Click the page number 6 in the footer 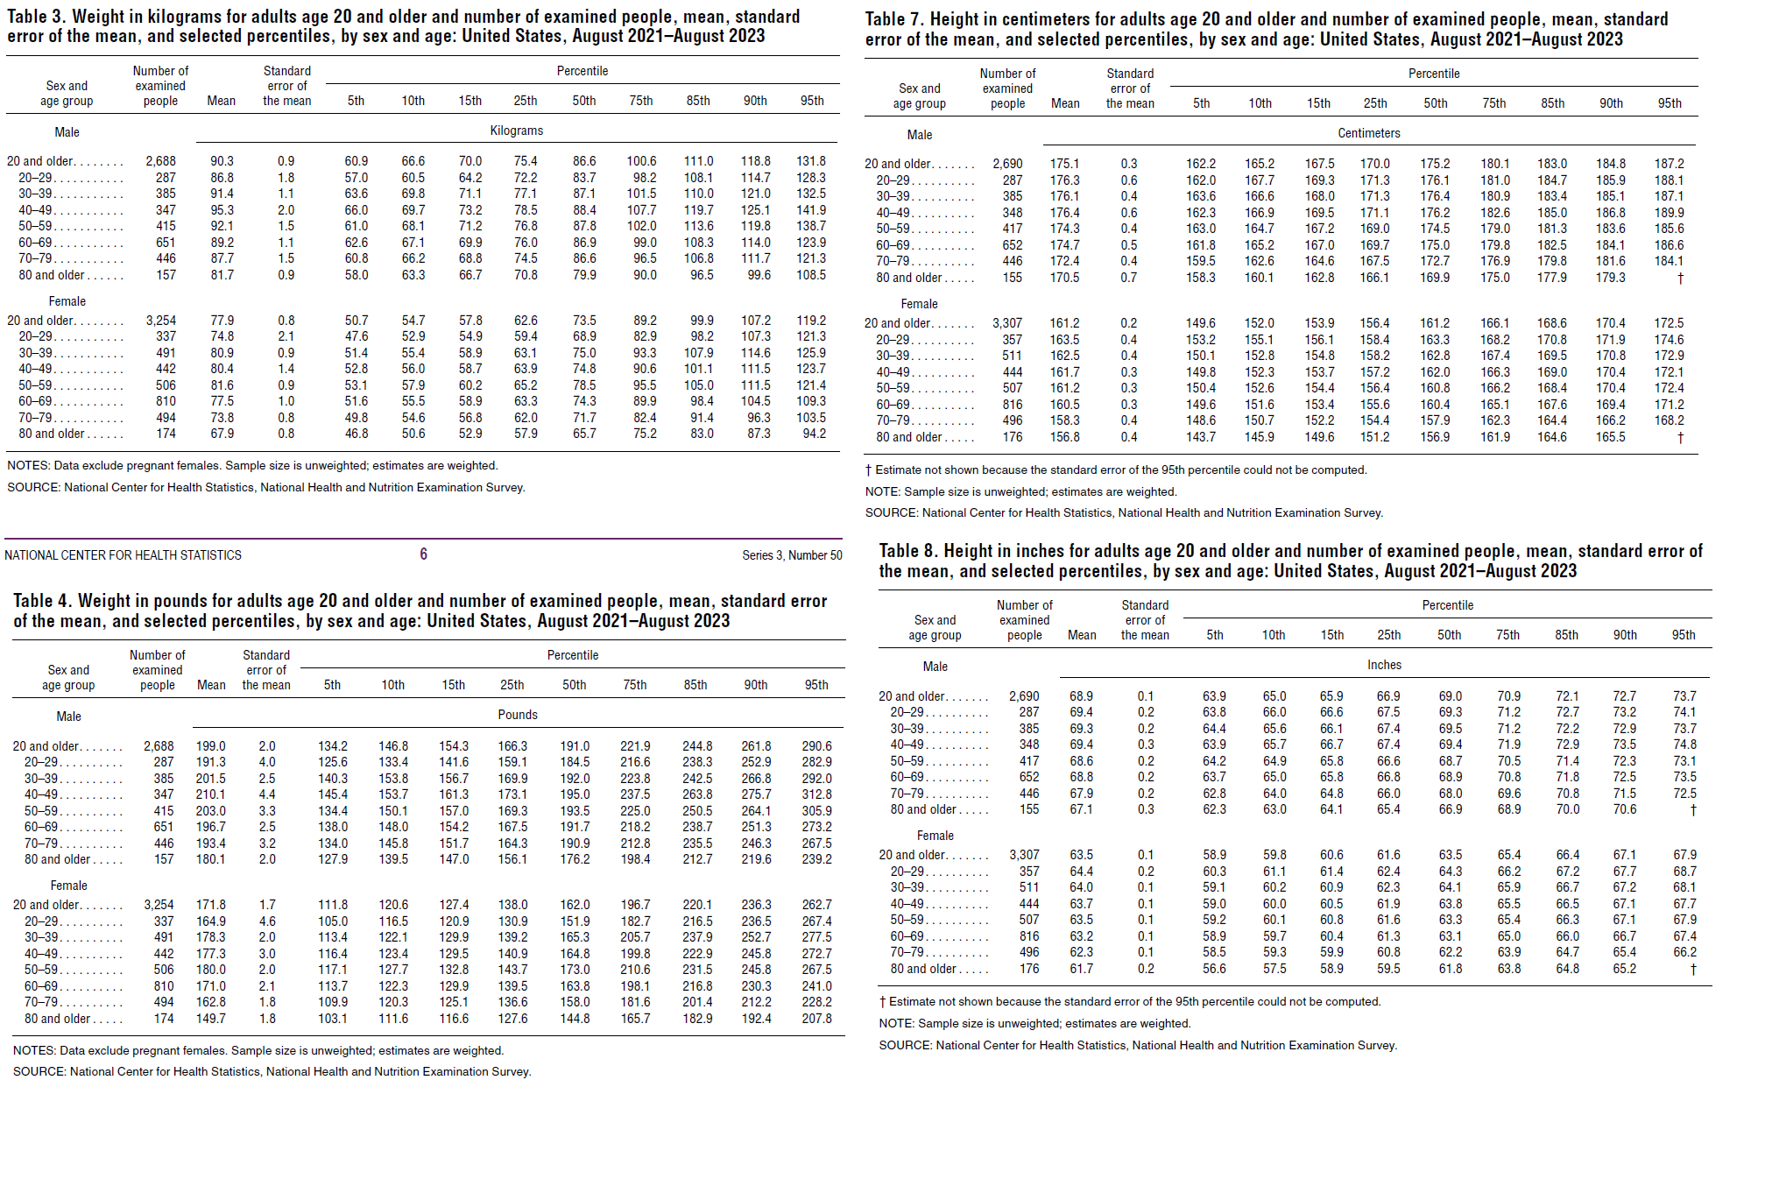[x=423, y=554]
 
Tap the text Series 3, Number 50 [x=792, y=555]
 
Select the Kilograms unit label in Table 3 [x=517, y=131]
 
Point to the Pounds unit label [x=518, y=715]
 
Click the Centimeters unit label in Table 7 [x=1368, y=133]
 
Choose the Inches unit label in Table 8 [x=1384, y=665]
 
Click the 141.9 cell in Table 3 [x=811, y=210]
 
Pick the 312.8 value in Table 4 [x=816, y=794]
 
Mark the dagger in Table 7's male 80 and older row [x=1680, y=278]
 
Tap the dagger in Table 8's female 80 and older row [x=1693, y=969]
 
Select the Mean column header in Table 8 [x=1082, y=635]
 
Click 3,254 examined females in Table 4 [x=159, y=905]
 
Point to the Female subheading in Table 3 [x=67, y=301]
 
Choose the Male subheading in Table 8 [x=935, y=667]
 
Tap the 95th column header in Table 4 [x=816, y=685]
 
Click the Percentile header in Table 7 [x=1434, y=74]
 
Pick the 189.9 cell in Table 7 [x=1669, y=213]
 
